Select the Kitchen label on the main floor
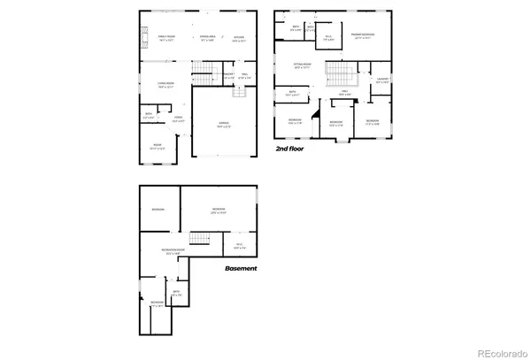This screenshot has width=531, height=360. point(238,38)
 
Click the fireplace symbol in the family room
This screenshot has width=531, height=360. point(139,37)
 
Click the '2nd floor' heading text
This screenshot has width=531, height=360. point(291,150)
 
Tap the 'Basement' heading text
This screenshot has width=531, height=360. point(240,267)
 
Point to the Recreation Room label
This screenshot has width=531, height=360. point(173,251)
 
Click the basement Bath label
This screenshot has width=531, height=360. point(176,293)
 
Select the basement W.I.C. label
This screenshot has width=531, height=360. point(238,245)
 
